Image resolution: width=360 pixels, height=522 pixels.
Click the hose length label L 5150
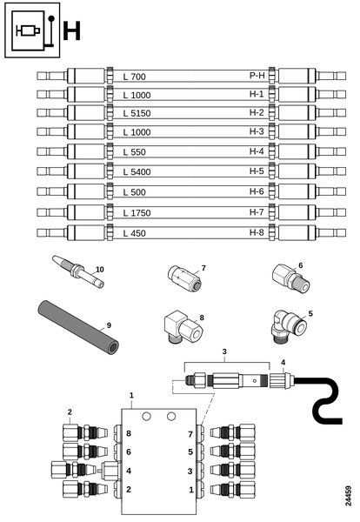[137, 113]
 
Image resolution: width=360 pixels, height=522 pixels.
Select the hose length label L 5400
[137, 172]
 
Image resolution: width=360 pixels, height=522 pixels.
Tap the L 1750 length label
[137, 213]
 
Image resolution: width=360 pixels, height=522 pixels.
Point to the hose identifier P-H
[257, 76]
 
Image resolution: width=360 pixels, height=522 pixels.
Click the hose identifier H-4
[257, 151]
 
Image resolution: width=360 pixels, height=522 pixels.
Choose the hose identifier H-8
[257, 232]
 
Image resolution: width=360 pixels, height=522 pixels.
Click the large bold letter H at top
[72, 30]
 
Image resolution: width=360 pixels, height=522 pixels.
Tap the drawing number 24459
[348, 496]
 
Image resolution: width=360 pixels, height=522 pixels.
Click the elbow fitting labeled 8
[183, 327]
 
